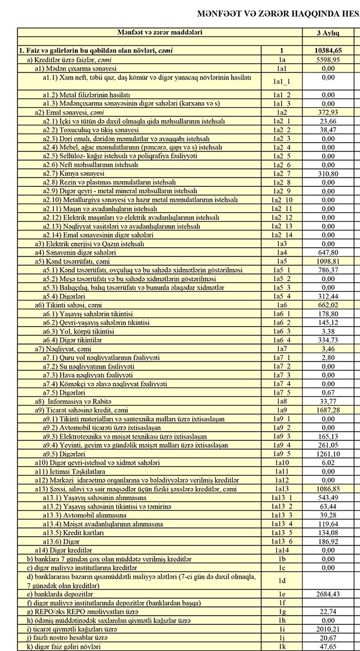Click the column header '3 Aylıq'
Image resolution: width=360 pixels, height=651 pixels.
[x=327, y=34]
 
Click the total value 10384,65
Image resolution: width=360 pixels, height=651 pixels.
[x=328, y=51]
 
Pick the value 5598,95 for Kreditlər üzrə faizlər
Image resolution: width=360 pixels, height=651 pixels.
[x=328, y=60]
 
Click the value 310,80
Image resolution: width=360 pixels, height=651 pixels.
[x=328, y=173]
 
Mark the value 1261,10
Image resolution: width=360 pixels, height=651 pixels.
[x=328, y=454]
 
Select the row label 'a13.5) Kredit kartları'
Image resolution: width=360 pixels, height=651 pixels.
[x=74, y=533]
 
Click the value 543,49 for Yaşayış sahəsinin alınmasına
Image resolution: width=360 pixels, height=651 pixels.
[x=328, y=498]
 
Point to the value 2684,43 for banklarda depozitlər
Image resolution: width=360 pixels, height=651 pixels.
[x=328, y=595]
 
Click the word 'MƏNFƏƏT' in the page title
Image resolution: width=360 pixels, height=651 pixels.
[x=219, y=12]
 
